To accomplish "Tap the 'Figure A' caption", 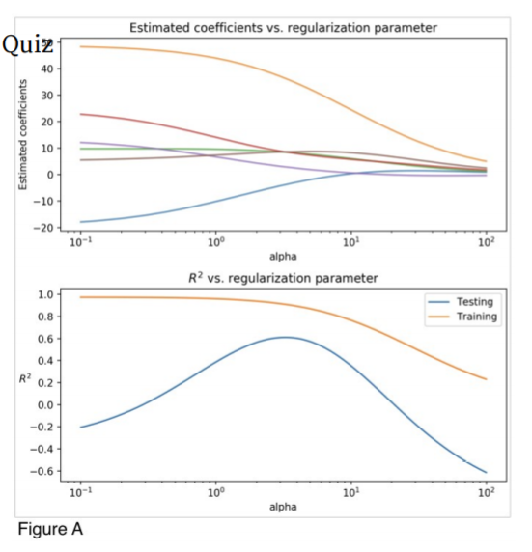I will pyautogui.click(x=50, y=529).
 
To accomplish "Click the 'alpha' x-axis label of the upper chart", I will pyautogui.click(x=283, y=258).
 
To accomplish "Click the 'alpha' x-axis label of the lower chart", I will pyautogui.click(x=283, y=506).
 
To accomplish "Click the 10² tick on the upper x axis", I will pyautogui.click(x=486, y=244).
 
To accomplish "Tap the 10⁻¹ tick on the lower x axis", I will pyautogui.click(x=81, y=492).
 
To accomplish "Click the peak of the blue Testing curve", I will pyautogui.click(x=285, y=337).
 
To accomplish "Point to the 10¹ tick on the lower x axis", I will pyautogui.click(x=351, y=492).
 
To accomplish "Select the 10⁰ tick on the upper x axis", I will pyautogui.click(x=216, y=244).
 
